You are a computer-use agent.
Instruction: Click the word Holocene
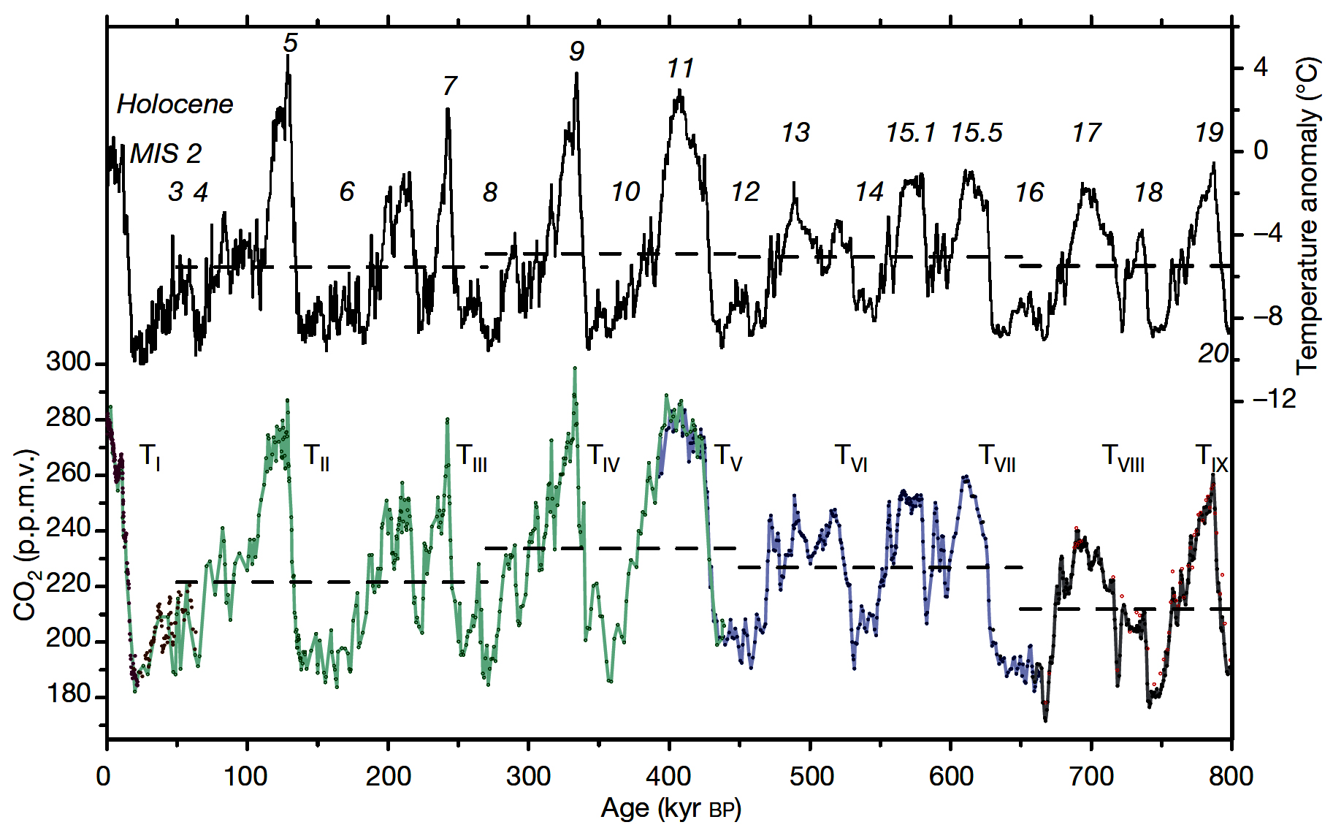pyautogui.click(x=175, y=104)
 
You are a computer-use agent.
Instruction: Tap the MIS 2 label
pyautogui.click(x=165, y=153)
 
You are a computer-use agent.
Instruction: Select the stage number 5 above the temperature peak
pyautogui.click(x=290, y=43)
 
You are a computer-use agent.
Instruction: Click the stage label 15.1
pyautogui.click(x=910, y=133)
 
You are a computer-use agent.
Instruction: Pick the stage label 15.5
pyautogui.click(x=977, y=133)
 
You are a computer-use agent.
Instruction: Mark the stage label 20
pyautogui.click(x=1212, y=354)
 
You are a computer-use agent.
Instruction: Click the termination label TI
pyautogui.click(x=149, y=457)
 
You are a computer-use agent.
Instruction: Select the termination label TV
pyautogui.click(x=727, y=457)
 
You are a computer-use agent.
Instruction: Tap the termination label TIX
pyautogui.click(x=1211, y=457)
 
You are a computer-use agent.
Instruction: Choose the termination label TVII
pyautogui.click(x=996, y=458)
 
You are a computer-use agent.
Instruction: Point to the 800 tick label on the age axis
pyautogui.click(x=1231, y=776)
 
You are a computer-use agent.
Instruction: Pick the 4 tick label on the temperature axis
pyautogui.click(x=1261, y=68)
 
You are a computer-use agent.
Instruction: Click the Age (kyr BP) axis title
pyautogui.click(x=671, y=809)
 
